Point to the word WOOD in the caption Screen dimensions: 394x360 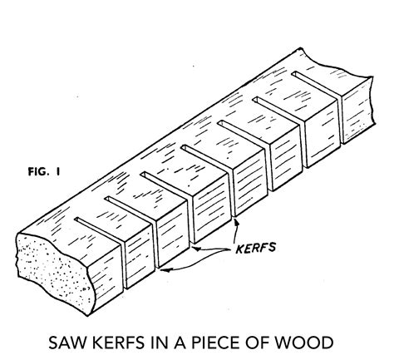click(304, 343)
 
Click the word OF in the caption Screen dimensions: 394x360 click(259, 343)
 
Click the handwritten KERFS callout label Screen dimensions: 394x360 click(255, 248)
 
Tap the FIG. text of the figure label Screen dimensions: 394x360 click(38, 172)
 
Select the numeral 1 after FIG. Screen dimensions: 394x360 click(58, 172)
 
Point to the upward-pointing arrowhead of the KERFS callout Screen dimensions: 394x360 click(236, 222)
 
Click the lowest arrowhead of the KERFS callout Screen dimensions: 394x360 click(164, 270)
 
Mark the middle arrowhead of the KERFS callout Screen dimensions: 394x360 click(196, 249)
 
